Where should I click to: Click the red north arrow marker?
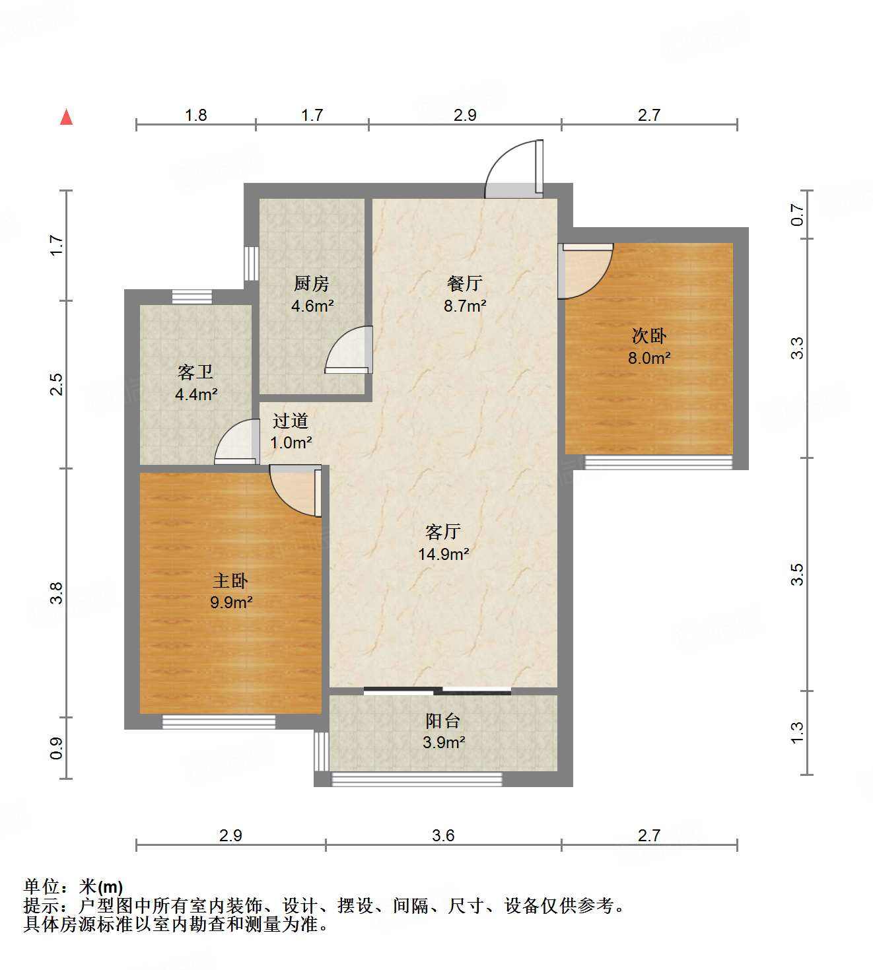(66, 117)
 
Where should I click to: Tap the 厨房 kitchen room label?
(312, 283)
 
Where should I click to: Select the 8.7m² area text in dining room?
(465, 306)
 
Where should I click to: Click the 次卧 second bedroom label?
(648, 336)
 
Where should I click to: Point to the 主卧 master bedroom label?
(230, 580)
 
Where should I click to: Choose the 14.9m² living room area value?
(443, 554)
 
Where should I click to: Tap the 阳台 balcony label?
(442, 721)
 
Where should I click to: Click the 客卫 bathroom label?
(195, 372)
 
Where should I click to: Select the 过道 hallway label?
(291, 421)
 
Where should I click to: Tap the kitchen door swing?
(351, 351)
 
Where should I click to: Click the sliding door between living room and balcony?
(437, 691)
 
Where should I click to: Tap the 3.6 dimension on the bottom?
(443, 835)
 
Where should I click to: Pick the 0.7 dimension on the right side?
(798, 214)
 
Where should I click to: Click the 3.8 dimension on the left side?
(57, 592)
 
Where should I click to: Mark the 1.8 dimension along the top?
(195, 115)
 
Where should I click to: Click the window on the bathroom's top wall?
(192, 297)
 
